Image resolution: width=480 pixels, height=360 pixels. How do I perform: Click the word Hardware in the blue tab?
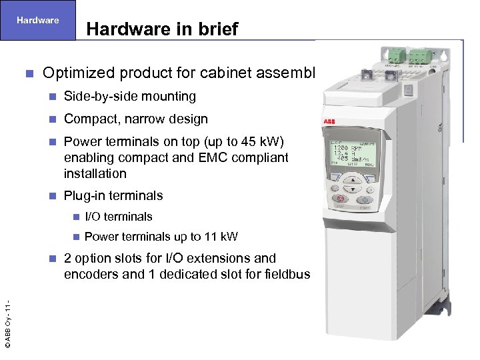[x=38, y=20]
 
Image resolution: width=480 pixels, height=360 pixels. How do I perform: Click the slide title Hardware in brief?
[x=162, y=29]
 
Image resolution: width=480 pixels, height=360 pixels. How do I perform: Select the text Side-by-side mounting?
[x=129, y=97]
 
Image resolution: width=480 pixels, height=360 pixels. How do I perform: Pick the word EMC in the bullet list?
[x=207, y=157]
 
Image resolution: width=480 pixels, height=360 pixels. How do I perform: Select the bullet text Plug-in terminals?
[x=113, y=195]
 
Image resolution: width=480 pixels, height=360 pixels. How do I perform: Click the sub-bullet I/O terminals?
[x=119, y=217]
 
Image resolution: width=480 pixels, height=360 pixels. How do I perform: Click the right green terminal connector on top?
[x=420, y=55]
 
